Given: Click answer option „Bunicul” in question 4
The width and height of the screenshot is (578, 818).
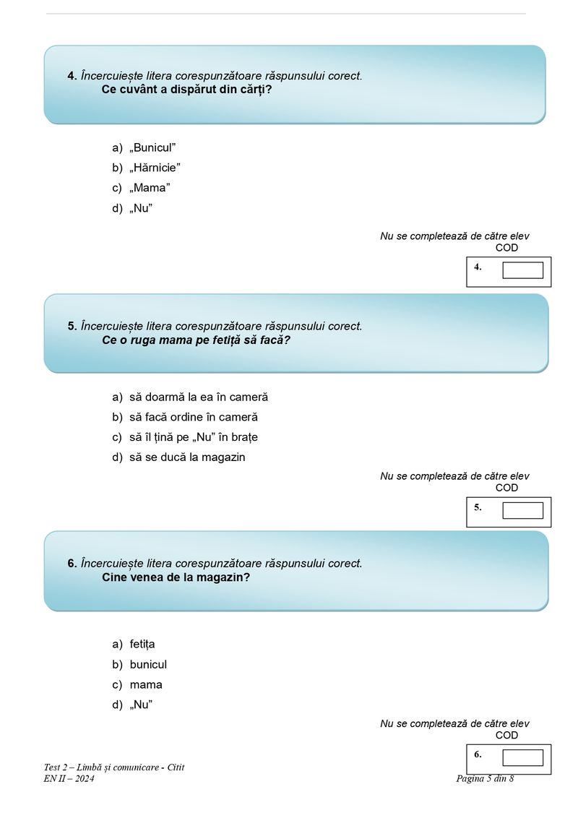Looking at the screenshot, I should (152, 147).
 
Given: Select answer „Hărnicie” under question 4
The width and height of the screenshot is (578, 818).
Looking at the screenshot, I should (155, 168).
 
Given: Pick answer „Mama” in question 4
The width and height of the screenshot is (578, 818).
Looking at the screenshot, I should (150, 188).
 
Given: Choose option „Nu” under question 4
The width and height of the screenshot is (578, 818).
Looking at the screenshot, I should (141, 208).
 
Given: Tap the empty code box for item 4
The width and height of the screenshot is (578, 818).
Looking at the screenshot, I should (522, 270).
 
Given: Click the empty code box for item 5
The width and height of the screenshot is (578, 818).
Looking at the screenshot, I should (522, 510).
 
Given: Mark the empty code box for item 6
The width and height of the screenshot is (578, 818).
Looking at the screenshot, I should (522, 757).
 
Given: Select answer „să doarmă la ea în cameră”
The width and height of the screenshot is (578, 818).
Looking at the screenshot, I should (199, 397).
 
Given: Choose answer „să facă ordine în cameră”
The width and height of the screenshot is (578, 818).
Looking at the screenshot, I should (194, 417).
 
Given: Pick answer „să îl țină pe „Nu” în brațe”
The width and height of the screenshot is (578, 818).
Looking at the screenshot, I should (194, 437).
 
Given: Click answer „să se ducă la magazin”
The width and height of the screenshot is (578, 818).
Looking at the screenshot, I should (187, 457).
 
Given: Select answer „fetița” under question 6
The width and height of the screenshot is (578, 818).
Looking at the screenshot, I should (142, 644).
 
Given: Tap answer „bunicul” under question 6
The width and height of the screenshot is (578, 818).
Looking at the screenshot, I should (148, 664).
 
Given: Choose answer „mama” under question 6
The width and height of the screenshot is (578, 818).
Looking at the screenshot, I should (146, 684).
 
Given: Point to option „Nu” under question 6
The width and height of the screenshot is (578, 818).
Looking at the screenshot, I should (141, 705).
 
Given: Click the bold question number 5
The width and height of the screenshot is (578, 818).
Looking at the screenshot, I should (72, 326).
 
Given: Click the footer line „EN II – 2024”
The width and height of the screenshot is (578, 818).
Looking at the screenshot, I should (69, 778).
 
